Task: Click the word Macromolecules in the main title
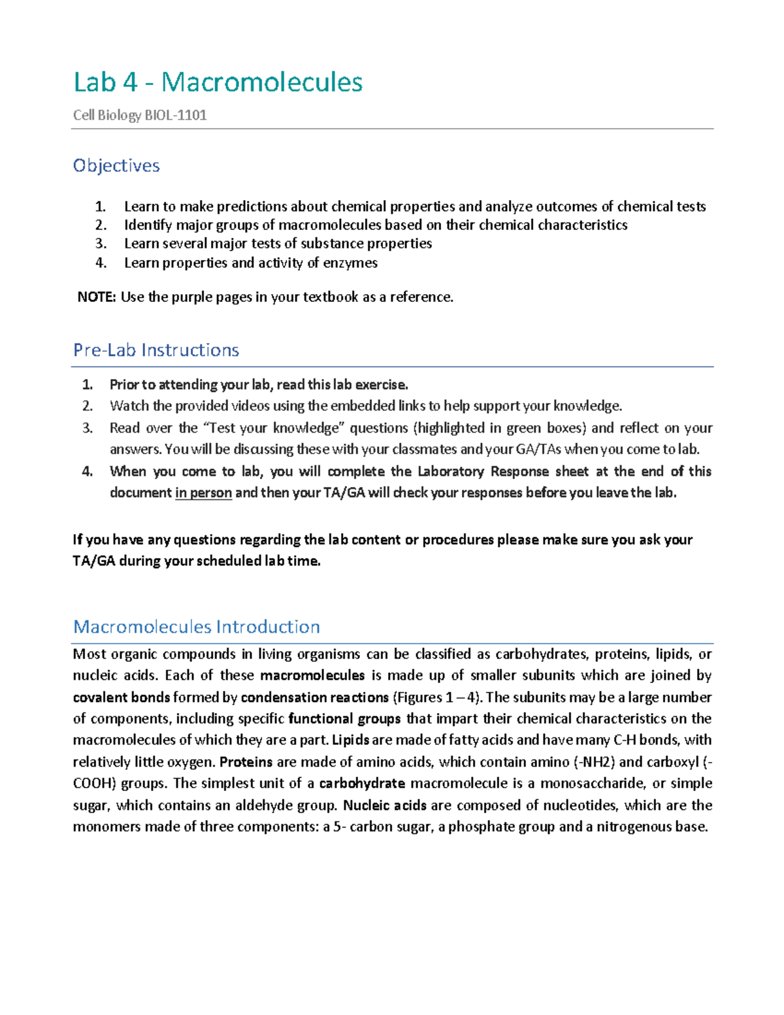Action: [x=262, y=82]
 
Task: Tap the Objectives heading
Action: [x=116, y=166]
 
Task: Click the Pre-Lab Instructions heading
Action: [x=156, y=350]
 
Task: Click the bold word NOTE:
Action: [x=97, y=297]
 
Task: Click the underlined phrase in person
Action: [x=203, y=493]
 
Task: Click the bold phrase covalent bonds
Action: [x=122, y=697]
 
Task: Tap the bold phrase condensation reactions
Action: [x=315, y=697]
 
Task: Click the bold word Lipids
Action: [x=351, y=740]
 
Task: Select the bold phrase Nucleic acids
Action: [x=385, y=805]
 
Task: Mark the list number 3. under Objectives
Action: [x=101, y=244]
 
